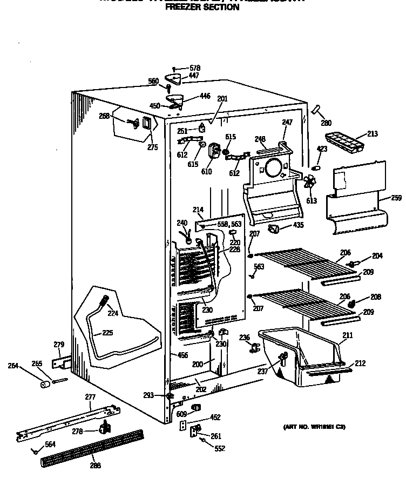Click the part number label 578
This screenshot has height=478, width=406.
tap(195, 68)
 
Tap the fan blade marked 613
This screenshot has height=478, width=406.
tap(310, 182)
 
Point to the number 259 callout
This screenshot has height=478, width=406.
tap(396, 198)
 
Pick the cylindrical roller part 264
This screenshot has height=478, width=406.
tap(45, 384)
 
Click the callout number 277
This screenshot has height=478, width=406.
tap(90, 398)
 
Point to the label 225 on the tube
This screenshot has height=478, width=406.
tap(107, 333)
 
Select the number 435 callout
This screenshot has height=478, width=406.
tap(299, 225)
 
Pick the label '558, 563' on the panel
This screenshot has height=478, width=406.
tap(228, 224)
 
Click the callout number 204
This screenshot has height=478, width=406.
tap(377, 255)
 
